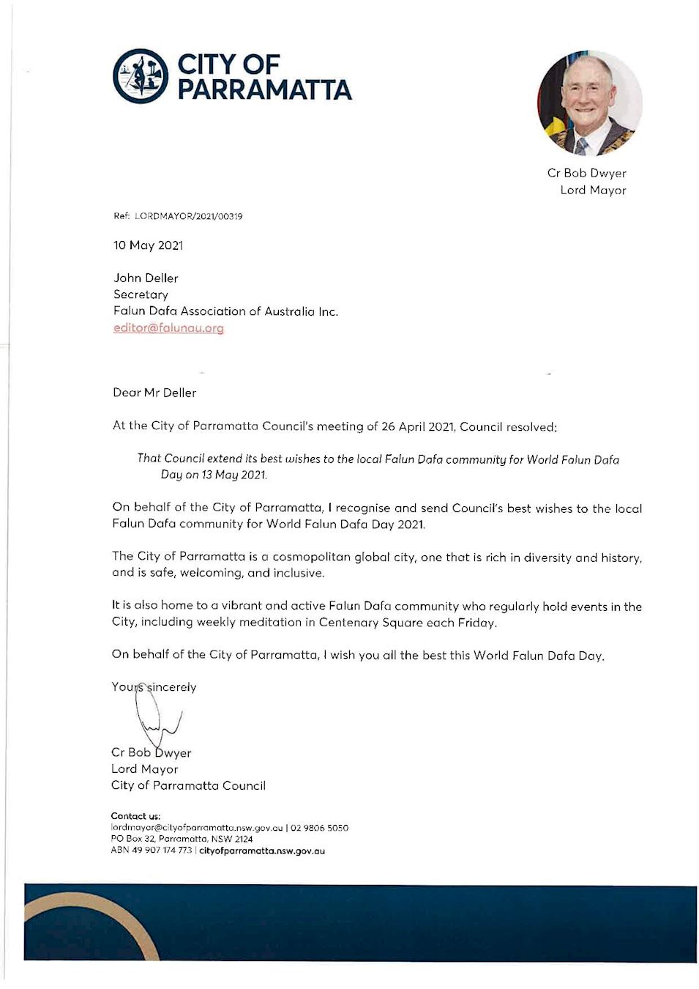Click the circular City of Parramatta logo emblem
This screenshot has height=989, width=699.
pos(141,76)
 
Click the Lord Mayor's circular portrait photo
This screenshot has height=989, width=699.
pos(590,103)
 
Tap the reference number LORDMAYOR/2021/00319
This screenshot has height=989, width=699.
pos(188,216)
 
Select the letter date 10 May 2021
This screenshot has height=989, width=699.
pos(148,245)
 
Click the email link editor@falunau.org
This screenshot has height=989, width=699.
pos(168,328)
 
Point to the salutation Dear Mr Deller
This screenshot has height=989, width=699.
pos(154,393)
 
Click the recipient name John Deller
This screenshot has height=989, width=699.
pos(146,278)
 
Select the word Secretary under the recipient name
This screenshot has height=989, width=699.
pos(141,295)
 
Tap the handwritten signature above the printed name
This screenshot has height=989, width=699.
pos(155,714)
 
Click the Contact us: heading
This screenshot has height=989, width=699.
pos(135,816)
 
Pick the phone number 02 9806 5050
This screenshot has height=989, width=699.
pos(319,828)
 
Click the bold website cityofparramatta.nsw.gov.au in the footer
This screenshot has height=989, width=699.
pos(262,851)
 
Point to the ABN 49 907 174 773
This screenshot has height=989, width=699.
pos(151,851)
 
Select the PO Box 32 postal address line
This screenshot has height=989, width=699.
pos(182,839)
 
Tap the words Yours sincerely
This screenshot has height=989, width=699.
pos(154,687)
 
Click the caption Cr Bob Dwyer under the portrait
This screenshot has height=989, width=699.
pos(586,174)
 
